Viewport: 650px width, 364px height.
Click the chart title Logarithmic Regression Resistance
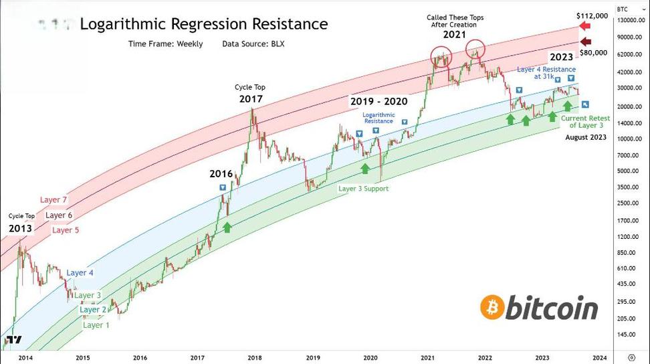tap(203, 24)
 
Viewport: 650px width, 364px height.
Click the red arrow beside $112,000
tap(584, 27)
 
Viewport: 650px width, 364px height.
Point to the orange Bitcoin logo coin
tap(492, 307)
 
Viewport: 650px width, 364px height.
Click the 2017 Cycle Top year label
tap(251, 99)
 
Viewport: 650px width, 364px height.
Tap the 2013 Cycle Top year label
tap(20, 228)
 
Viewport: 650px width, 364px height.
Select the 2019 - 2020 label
tap(379, 102)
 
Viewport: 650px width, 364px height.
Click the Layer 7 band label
tap(53, 199)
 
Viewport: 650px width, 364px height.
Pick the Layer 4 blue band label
tap(80, 272)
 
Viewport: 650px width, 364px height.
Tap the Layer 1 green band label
tap(96, 325)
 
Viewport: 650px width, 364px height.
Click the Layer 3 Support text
tap(363, 189)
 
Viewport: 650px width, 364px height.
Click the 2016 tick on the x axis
tap(140, 357)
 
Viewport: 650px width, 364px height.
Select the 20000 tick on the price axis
tap(629, 107)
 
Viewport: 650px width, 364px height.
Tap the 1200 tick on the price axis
tap(628, 237)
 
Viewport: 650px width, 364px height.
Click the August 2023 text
tap(585, 137)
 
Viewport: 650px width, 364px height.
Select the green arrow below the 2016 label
tap(227, 227)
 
